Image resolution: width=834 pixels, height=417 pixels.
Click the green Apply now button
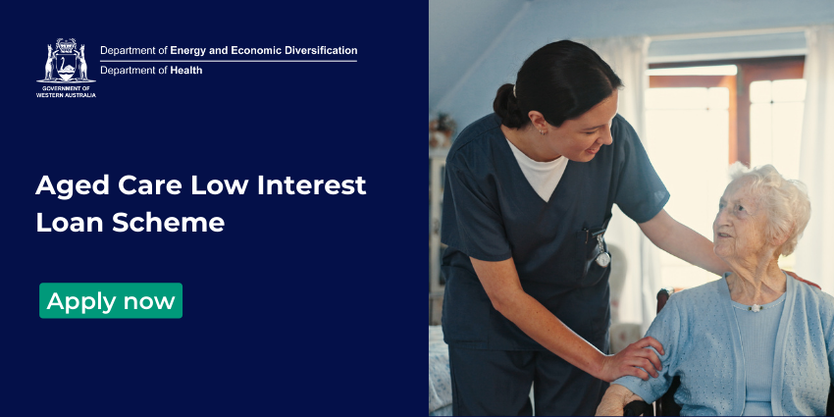tap(111, 300)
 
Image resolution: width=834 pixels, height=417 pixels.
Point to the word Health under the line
tap(186, 70)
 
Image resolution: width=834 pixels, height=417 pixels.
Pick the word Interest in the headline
tap(312, 184)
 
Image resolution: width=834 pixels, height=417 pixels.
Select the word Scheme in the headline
tap(169, 223)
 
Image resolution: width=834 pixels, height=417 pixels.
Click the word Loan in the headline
tap(71, 223)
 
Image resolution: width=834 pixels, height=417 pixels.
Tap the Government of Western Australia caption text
tap(66, 91)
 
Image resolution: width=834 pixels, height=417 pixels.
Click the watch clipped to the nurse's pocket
tap(601, 254)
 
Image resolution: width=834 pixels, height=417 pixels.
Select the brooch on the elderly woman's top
tap(754, 308)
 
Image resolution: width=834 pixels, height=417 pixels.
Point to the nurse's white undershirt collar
tap(538, 168)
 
